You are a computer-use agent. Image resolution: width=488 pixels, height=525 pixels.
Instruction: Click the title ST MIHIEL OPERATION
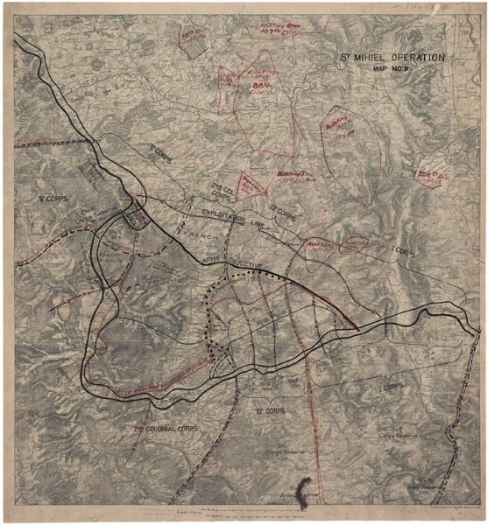[392, 58]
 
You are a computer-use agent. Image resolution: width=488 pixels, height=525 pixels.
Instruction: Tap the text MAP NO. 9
[391, 69]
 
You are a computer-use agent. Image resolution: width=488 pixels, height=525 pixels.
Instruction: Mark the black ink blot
[304, 493]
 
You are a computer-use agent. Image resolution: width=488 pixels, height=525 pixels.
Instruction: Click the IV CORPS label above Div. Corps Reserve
[270, 410]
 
